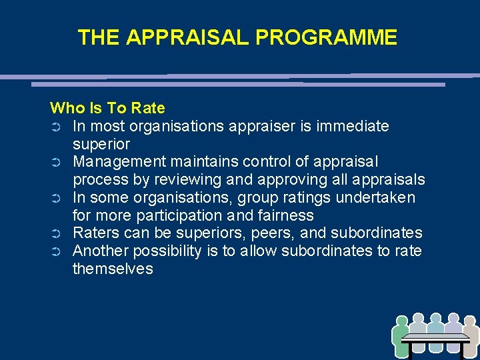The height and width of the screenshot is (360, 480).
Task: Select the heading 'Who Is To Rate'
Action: [107, 108]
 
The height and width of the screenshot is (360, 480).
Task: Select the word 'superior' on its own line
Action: [101, 144]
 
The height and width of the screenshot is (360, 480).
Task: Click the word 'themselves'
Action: [113, 269]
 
